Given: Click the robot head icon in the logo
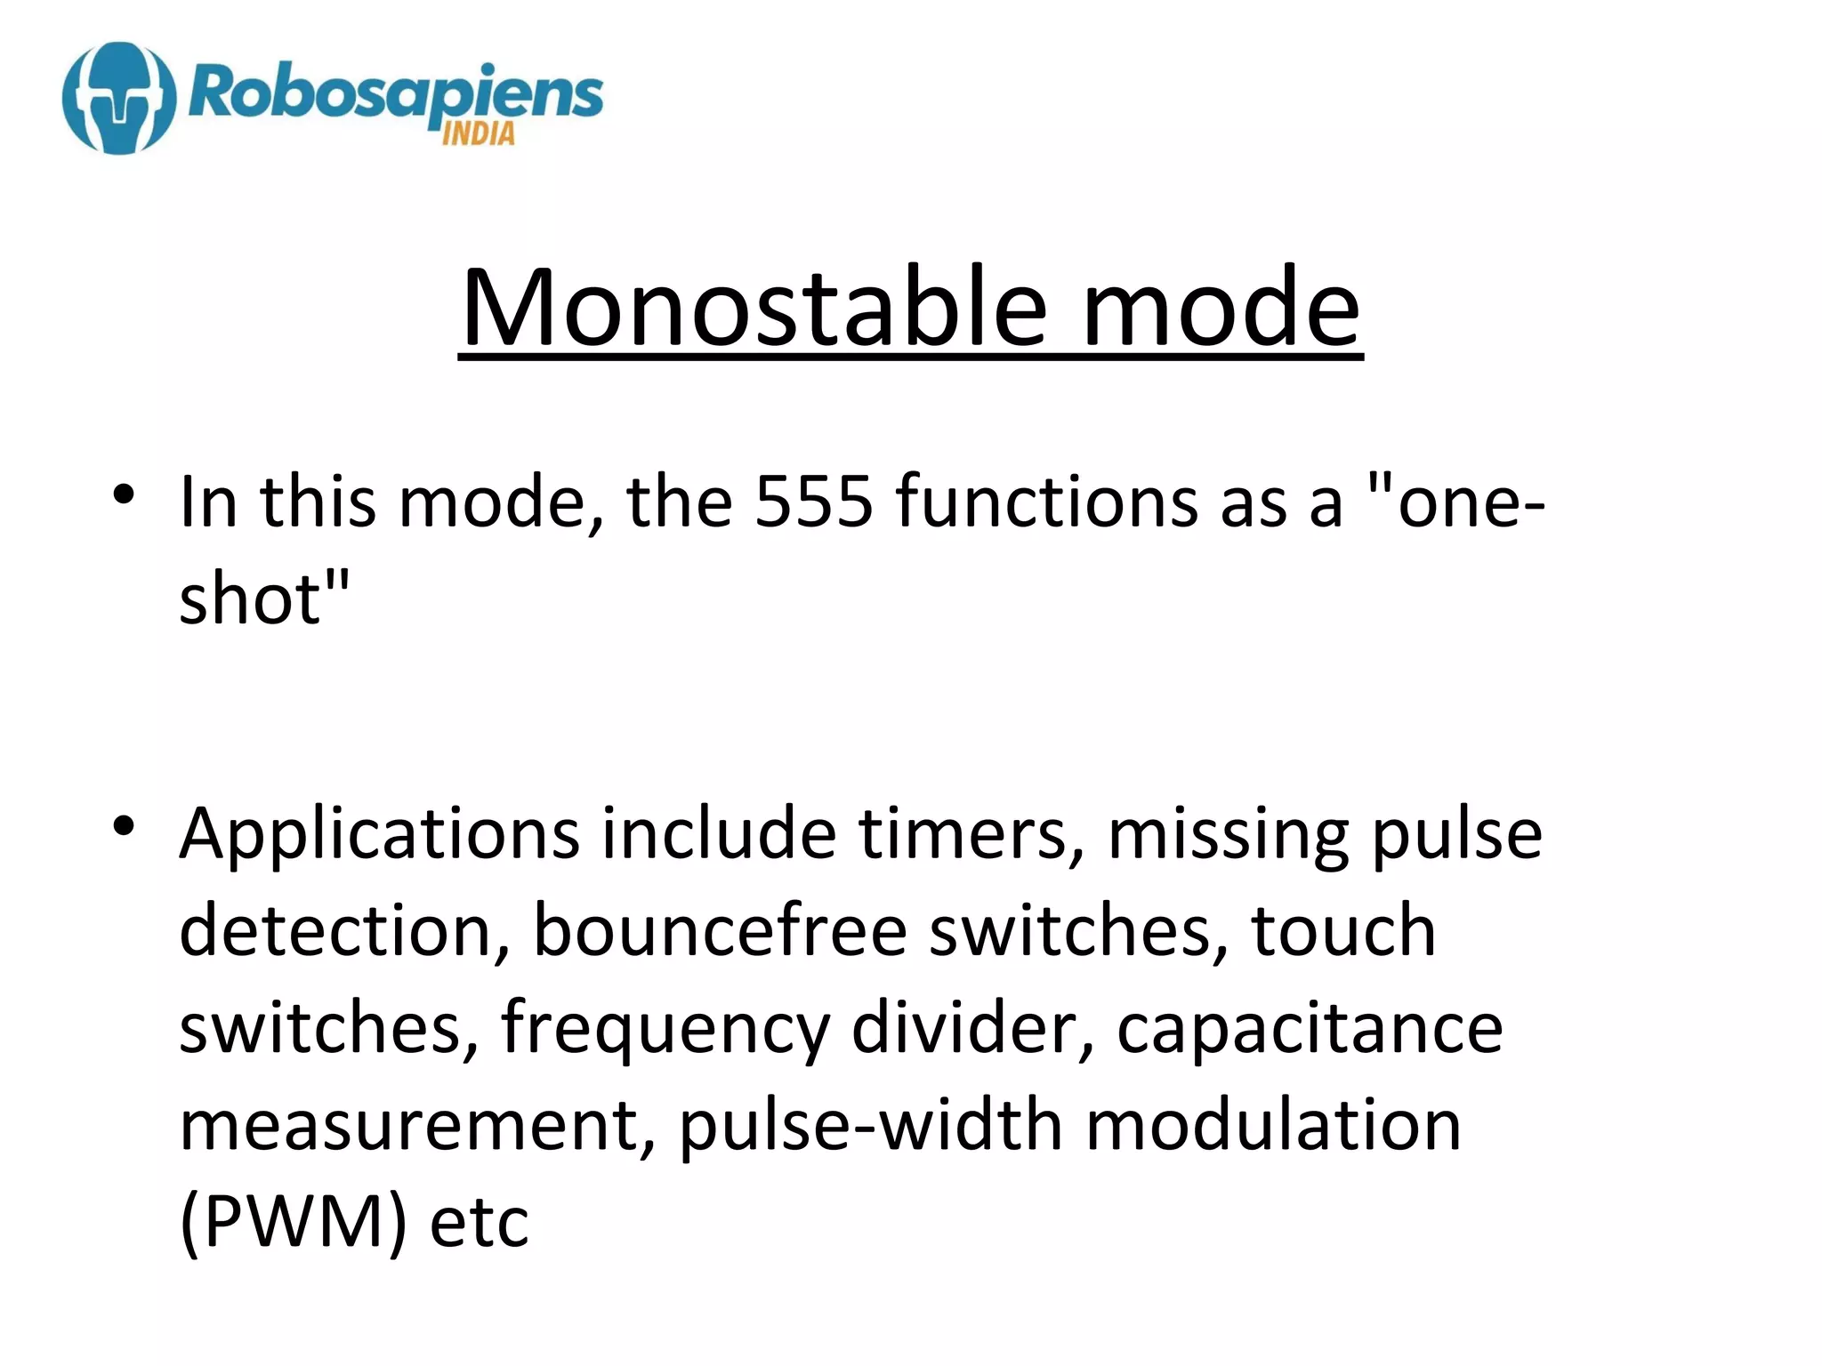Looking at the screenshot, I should tap(118, 98).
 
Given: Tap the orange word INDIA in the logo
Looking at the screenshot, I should tap(478, 134).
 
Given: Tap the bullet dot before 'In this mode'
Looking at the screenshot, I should tap(124, 494).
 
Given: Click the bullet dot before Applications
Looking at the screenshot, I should tap(124, 826).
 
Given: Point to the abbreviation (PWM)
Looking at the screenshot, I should tap(293, 1224).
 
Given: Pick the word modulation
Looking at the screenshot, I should tap(1273, 1126).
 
